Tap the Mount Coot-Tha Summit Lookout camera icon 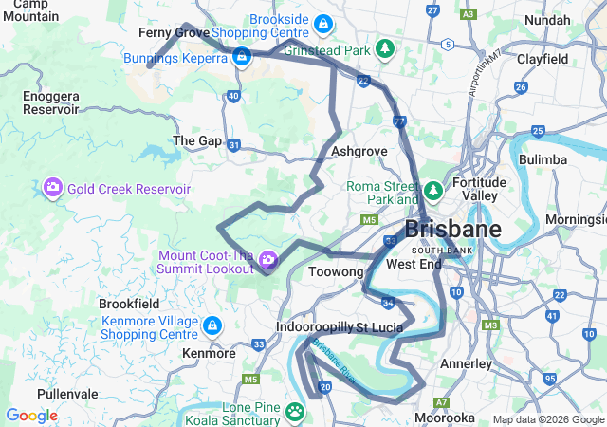[268, 259]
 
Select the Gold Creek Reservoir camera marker [52, 188]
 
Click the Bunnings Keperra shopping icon [242, 58]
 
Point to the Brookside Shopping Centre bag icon [323, 22]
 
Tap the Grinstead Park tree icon [384, 48]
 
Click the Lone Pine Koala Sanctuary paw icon [296, 413]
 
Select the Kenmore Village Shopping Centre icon [212, 325]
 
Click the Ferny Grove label [174, 32]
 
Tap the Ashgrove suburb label [359, 151]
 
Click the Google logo [31, 416]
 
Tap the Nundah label [547, 19]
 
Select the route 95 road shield [550, 380]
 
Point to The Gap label [197, 140]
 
